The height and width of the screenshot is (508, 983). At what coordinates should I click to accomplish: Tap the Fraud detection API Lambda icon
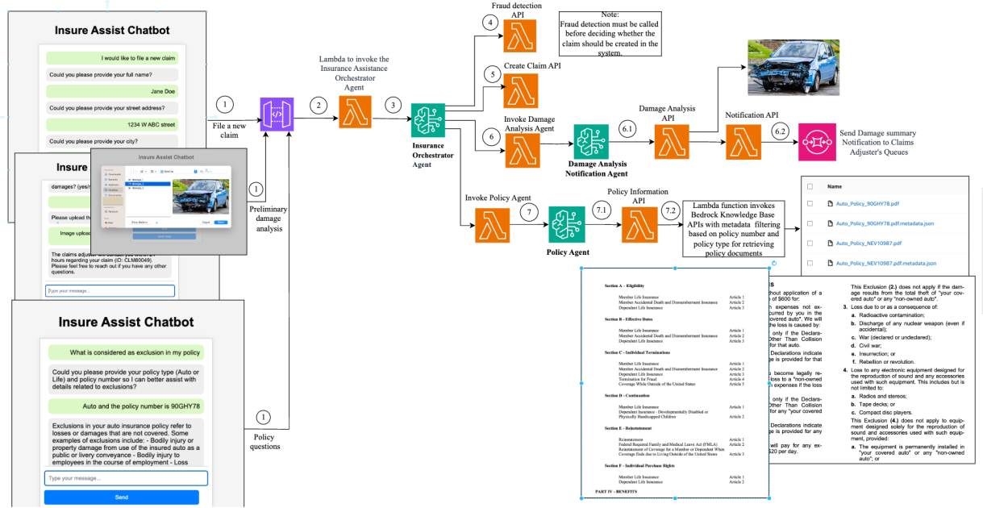(519, 36)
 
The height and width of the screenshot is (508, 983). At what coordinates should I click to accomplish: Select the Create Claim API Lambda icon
(519, 90)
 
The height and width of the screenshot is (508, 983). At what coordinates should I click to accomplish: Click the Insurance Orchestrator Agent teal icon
(427, 121)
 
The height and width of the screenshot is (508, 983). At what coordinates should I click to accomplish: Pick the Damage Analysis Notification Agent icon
(591, 142)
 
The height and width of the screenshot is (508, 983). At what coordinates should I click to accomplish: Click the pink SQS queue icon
(815, 142)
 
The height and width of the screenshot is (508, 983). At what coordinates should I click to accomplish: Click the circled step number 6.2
(779, 131)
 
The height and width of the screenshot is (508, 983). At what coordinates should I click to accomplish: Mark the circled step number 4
(490, 22)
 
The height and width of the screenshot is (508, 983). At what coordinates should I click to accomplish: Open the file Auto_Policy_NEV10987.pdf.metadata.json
(885, 263)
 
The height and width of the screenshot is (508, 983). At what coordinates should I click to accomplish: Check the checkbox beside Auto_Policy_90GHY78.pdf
(810, 203)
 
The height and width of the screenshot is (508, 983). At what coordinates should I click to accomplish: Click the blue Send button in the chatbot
(121, 497)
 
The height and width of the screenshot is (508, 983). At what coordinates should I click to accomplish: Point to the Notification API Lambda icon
(740, 145)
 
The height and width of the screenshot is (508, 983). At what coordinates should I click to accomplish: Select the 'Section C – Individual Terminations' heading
(637, 352)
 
